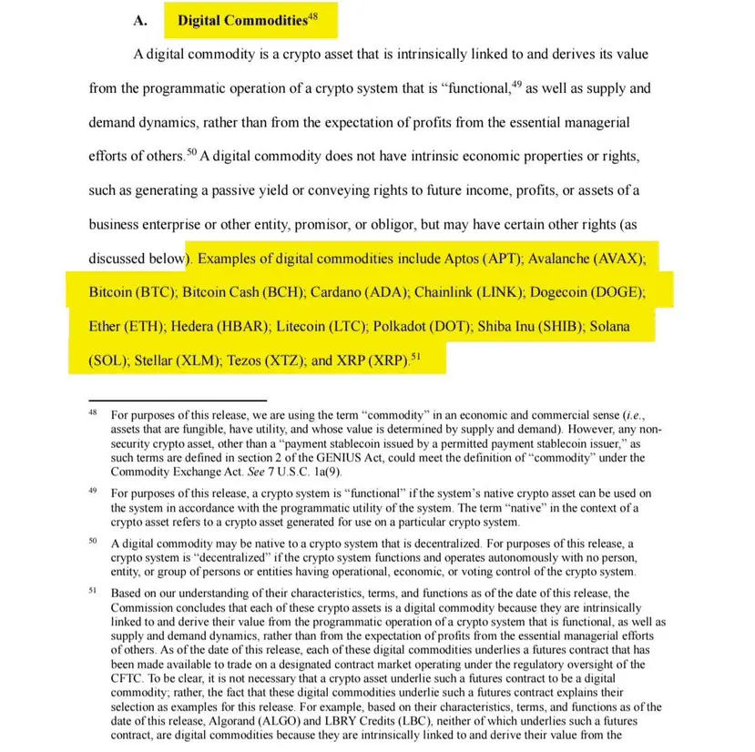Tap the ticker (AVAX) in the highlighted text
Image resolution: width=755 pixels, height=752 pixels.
coord(618,259)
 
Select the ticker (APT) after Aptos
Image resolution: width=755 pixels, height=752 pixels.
coord(492,259)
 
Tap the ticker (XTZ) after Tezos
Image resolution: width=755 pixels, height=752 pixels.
coord(280,360)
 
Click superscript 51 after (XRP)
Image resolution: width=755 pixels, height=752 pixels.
coord(416,355)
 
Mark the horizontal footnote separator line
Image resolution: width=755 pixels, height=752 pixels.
coord(178,399)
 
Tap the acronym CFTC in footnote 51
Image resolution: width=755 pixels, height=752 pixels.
coord(128,678)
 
